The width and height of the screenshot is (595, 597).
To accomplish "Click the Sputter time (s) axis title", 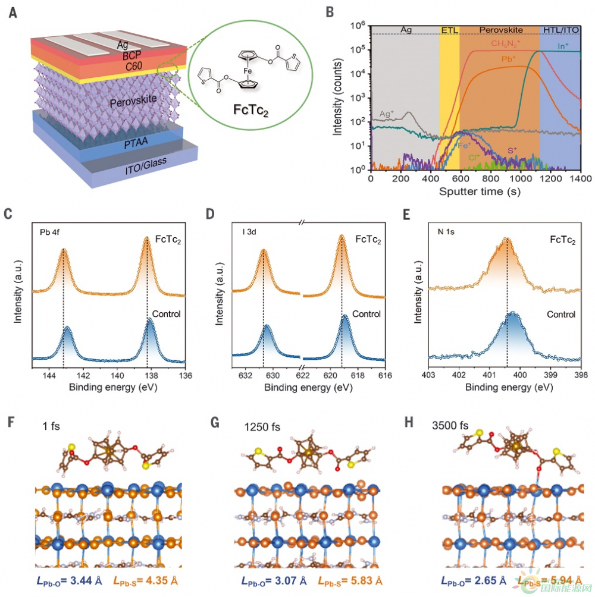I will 474,192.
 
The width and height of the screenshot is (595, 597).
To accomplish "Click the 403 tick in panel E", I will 428,376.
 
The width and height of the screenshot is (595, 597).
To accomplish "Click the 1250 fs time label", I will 262,427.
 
